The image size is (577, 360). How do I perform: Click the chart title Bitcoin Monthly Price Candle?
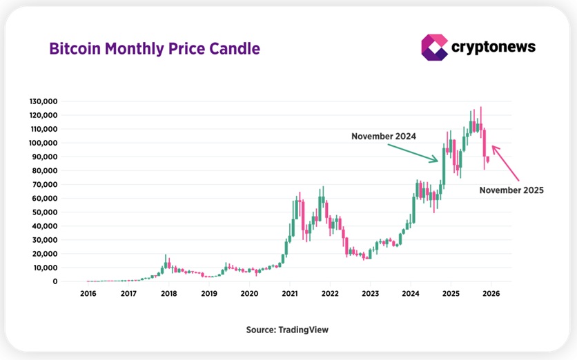coord(154,49)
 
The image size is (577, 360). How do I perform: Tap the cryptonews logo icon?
coord(434,47)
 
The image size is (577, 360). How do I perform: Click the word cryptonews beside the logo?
coord(493,47)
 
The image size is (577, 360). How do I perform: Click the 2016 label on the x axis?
coord(88,294)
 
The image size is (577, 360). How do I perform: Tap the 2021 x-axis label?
coord(289,294)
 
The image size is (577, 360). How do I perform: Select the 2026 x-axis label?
coord(491,294)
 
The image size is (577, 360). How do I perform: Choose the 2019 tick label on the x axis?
coord(208,294)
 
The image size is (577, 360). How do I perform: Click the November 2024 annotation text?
coord(384,137)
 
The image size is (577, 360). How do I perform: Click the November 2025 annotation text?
coord(511,190)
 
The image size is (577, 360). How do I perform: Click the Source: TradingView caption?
coord(287,330)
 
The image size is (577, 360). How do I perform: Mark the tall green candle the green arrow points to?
coord(444,166)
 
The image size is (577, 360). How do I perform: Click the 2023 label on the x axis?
coord(370,294)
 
